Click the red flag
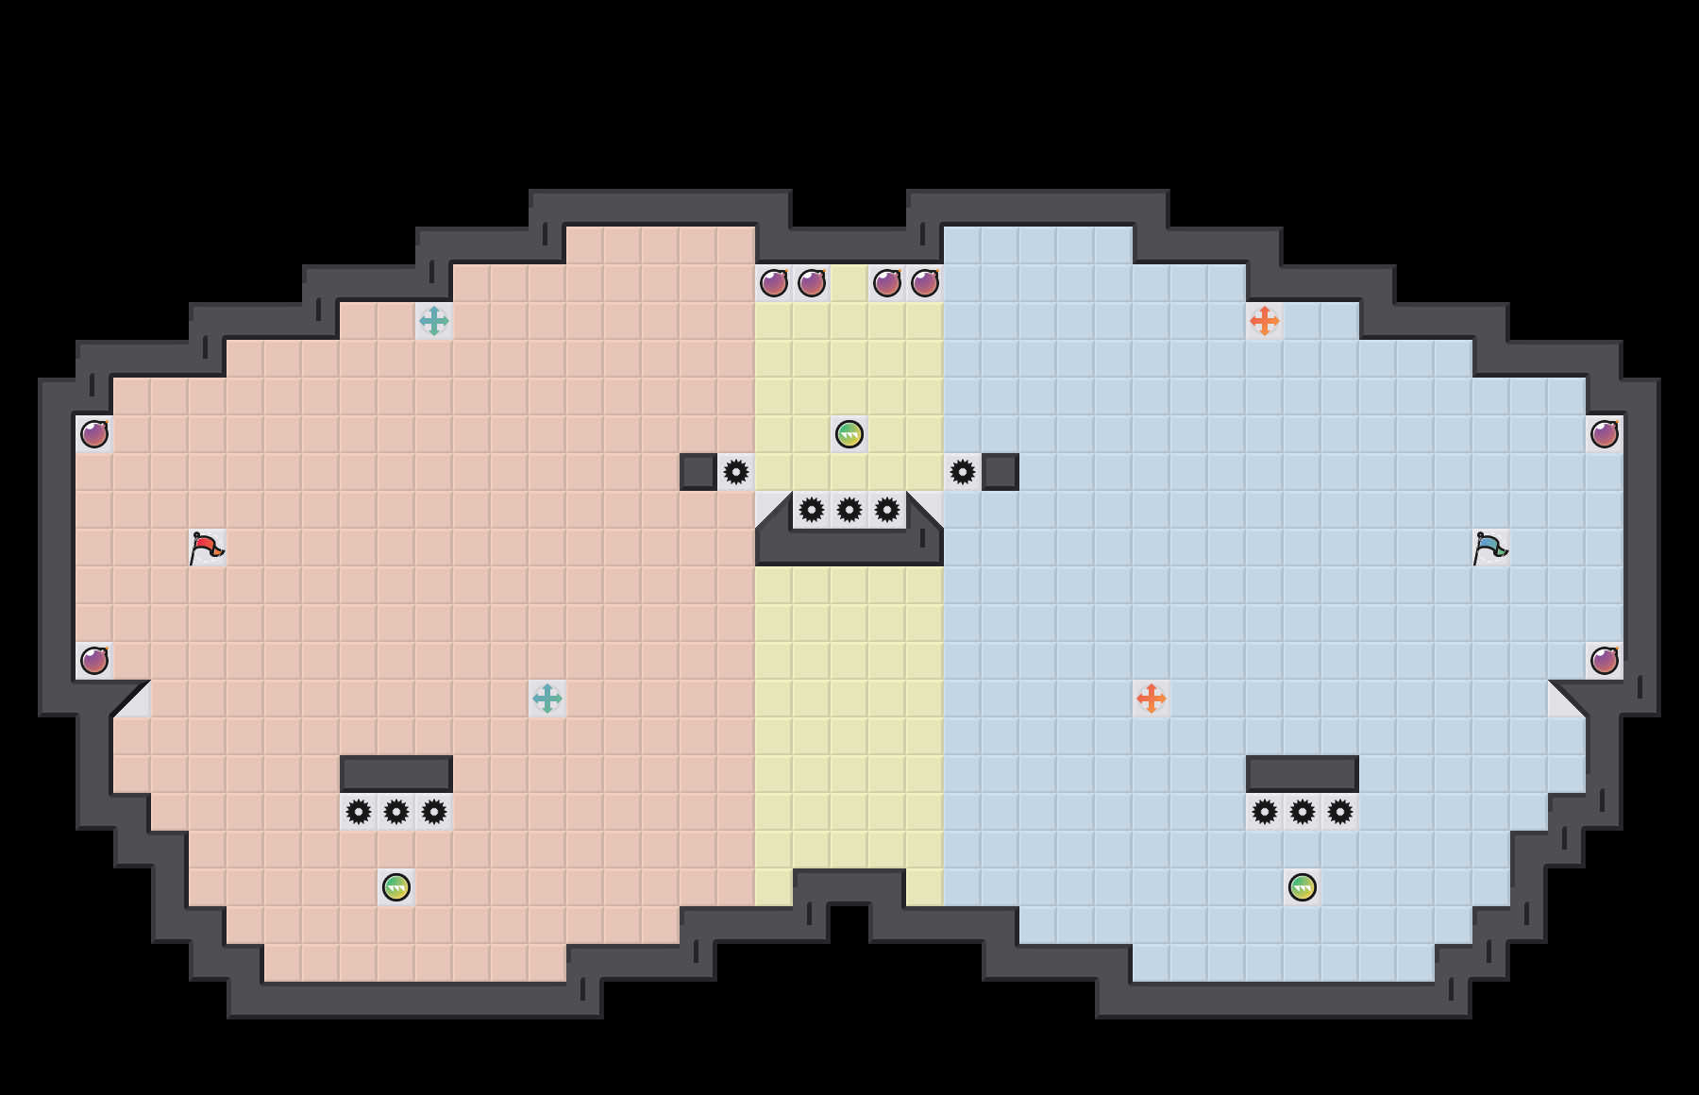click(x=206, y=547)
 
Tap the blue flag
click(x=1489, y=547)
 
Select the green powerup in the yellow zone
click(x=849, y=434)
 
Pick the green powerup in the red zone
click(x=396, y=887)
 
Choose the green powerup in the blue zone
click(x=1303, y=887)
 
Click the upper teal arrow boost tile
click(x=434, y=321)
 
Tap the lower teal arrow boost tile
click(x=547, y=699)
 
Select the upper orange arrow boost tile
click(x=1265, y=321)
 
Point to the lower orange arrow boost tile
click(x=1152, y=699)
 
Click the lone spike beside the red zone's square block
click(x=736, y=472)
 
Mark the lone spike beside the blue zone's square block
click(x=963, y=472)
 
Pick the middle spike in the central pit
click(x=849, y=510)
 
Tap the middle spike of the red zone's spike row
click(x=396, y=812)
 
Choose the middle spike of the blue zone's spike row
click(x=1303, y=812)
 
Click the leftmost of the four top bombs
click(x=774, y=283)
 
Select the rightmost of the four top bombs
click(x=925, y=283)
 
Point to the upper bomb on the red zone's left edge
click(x=94, y=434)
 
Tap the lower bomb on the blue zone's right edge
click(x=1605, y=661)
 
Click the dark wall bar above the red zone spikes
click(x=396, y=773)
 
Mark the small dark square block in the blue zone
click(x=1001, y=472)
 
